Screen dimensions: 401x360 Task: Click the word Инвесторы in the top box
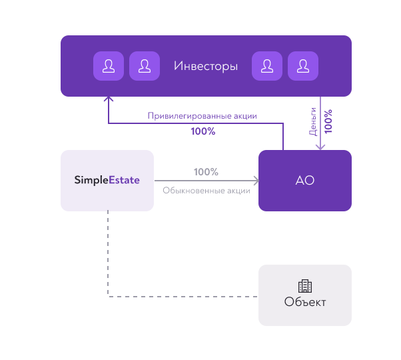(x=206, y=66)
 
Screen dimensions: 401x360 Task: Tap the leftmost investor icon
(x=109, y=66)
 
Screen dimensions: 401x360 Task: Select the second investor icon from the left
(x=145, y=66)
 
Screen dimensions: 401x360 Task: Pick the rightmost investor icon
(x=303, y=66)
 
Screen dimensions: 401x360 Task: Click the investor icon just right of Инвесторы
(x=267, y=66)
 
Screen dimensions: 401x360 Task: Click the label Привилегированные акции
(x=202, y=116)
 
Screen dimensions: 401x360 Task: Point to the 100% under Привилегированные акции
(x=203, y=131)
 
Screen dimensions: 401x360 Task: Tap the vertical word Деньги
(x=313, y=121)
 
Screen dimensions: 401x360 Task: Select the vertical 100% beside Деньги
(x=328, y=121)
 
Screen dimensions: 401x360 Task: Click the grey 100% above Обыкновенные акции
(x=206, y=172)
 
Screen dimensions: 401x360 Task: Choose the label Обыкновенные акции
(x=206, y=191)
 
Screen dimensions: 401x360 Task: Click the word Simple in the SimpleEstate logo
(x=91, y=180)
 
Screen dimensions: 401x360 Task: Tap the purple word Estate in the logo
(x=125, y=180)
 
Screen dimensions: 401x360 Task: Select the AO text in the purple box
(x=305, y=181)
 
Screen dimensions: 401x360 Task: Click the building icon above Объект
(x=305, y=286)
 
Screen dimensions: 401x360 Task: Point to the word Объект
(x=305, y=302)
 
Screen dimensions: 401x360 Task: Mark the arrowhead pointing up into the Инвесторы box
(x=109, y=99)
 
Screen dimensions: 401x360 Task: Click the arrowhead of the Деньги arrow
(x=320, y=147)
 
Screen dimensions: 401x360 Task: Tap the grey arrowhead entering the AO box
(x=256, y=181)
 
